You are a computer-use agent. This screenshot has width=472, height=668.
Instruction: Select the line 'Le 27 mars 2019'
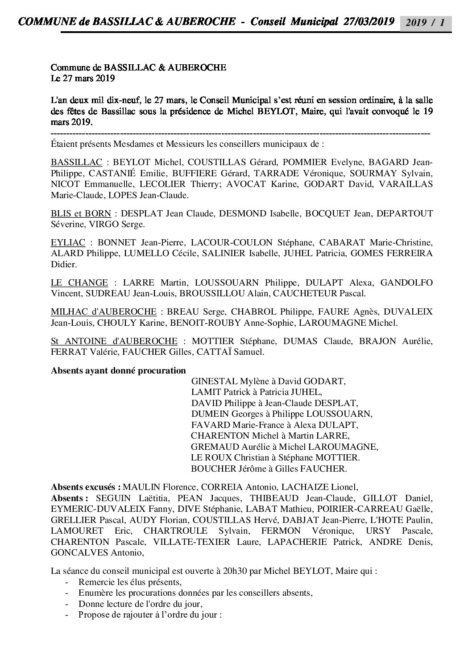[x=83, y=79]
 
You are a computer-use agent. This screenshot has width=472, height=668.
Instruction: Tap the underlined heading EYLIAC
[x=68, y=243]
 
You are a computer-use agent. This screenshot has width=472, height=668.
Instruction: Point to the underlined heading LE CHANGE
[x=79, y=282]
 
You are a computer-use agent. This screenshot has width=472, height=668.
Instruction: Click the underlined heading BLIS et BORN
[x=81, y=214]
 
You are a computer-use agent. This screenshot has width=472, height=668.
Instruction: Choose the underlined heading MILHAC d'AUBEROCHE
[x=104, y=311]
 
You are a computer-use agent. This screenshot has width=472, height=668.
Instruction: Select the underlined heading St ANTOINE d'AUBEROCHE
[x=114, y=341]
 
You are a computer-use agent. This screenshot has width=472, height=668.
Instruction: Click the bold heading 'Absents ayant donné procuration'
[x=118, y=370]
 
